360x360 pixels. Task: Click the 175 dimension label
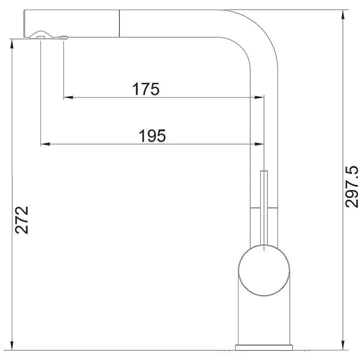pyautogui.click(x=145, y=89)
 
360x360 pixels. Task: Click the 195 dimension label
pyautogui.click(x=152, y=136)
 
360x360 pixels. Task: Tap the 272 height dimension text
pyautogui.click(x=22, y=220)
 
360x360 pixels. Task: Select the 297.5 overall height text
pyautogui.click(x=352, y=186)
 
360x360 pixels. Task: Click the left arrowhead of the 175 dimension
pyautogui.click(x=68, y=97)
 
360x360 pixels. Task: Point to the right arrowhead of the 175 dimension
pyautogui.click(x=259, y=97)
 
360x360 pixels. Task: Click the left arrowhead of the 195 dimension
pyautogui.click(x=45, y=144)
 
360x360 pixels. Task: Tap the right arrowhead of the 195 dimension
pyautogui.click(x=259, y=144)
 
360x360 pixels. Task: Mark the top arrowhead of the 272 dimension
pyautogui.click(x=12, y=44)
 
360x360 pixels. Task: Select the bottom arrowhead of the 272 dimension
pyautogui.click(x=12, y=346)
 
